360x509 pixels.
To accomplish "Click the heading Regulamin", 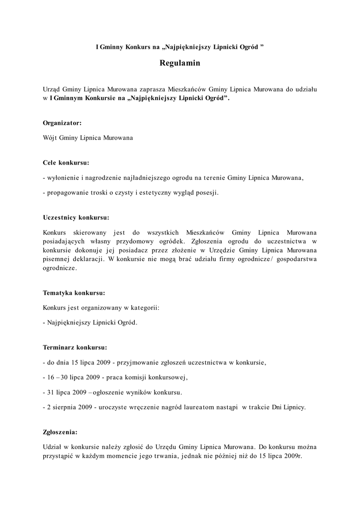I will click(180, 63).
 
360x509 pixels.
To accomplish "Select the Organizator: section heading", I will click(62, 122).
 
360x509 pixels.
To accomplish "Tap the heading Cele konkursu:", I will click(66, 163).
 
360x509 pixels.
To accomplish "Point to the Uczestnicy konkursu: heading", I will click(76, 217).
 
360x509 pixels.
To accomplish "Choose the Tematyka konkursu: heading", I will click(74, 293).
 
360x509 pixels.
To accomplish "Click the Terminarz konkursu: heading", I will click(75, 347).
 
